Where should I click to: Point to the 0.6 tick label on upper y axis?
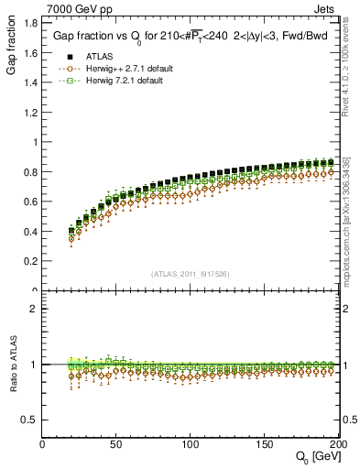pos(31,202)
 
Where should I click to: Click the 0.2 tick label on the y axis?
pos(31,262)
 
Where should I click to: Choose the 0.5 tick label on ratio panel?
pos(31,420)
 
